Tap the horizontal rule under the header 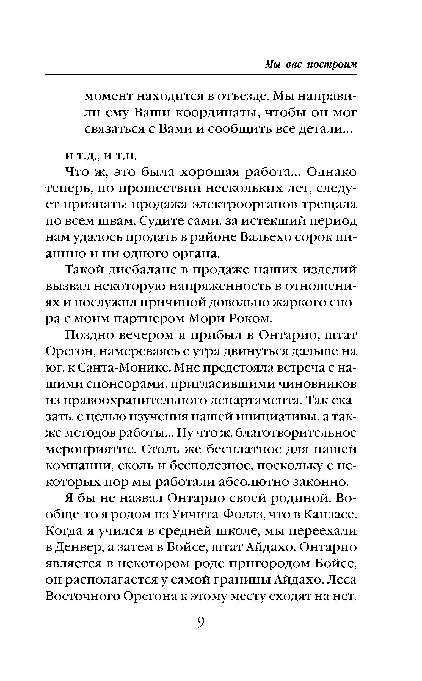[201, 74]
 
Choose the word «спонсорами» [125, 384]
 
